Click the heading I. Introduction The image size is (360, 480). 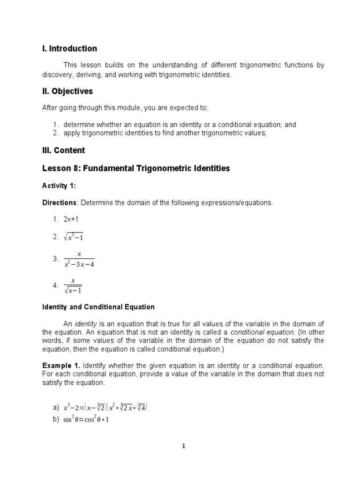[x=69, y=49]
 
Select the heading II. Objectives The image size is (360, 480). [x=67, y=91]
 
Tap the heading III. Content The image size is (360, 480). [x=64, y=150]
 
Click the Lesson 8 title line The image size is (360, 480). [x=136, y=168]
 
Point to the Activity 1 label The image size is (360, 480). [x=59, y=186]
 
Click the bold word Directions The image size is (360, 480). [x=59, y=202]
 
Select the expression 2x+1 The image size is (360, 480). [x=73, y=219]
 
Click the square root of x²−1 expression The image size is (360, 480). [x=74, y=238]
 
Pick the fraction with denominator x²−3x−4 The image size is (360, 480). [x=79, y=259]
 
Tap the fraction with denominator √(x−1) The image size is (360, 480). [x=73, y=285]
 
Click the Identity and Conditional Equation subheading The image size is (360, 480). [x=98, y=307]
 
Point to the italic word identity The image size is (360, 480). [x=85, y=324]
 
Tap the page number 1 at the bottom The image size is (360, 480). [x=184, y=446]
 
